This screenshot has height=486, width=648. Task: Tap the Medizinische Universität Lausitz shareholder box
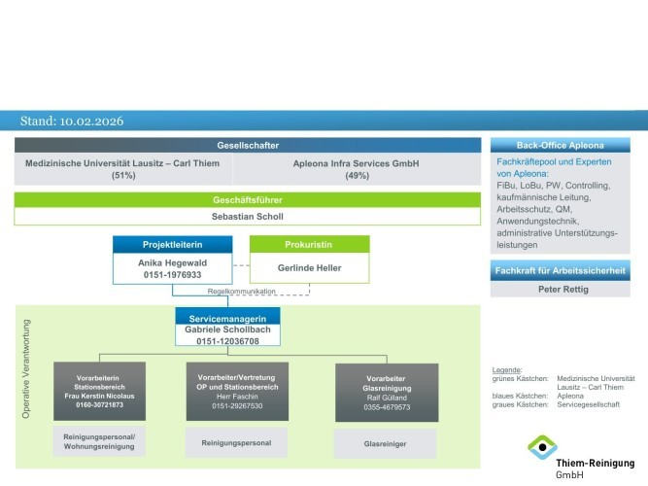(x=122, y=169)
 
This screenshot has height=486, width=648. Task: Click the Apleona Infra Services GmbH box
(x=356, y=169)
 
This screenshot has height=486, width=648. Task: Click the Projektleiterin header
(x=171, y=245)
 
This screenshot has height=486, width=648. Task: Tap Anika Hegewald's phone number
(x=171, y=275)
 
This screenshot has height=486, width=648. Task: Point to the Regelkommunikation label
(x=241, y=292)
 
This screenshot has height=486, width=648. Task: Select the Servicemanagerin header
(x=227, y=316)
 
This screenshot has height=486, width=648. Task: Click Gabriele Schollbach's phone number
(x=227, y=341)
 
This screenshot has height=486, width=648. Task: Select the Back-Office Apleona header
(x=568, y=145)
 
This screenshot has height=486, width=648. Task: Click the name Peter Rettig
(x=568, y=291)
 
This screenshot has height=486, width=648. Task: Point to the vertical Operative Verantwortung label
(x=26, y=368)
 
